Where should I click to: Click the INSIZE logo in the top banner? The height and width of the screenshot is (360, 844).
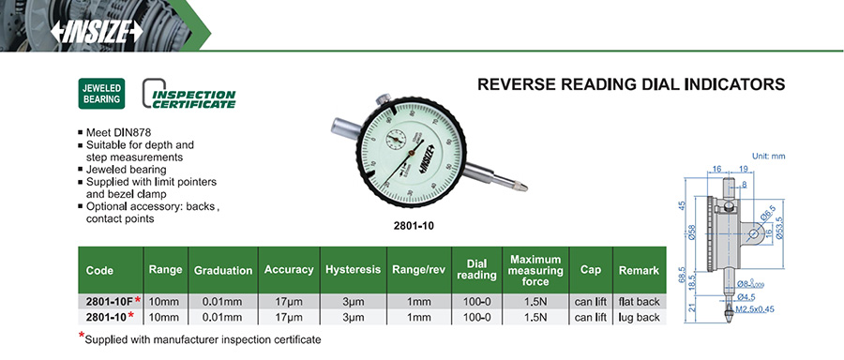[x=97, y=32]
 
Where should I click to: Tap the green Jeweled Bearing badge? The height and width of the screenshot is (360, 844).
[x=101, y=94]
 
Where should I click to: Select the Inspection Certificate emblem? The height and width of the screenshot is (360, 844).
[x=188, y=94]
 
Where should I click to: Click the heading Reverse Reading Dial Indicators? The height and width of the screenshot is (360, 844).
[x=631, y=84]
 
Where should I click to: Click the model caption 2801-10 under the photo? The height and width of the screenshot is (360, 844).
[x=414, y=226]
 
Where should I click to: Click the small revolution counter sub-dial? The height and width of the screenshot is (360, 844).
[x=397, y=141]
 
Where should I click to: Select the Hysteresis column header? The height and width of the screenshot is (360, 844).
[x=354, y=270]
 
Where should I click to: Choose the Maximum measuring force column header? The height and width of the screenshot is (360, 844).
[x=535, y=270]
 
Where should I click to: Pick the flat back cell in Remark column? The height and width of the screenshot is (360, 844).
[x=639, y=301]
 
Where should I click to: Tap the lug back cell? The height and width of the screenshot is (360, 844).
[x=639, y=318]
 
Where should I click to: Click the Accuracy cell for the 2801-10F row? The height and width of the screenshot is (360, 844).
[x=289, y=301]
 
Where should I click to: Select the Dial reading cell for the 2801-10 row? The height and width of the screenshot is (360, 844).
[x=476, y=318]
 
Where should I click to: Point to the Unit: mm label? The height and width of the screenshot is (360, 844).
[x=768, y=156]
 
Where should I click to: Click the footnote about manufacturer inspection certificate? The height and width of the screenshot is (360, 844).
[x=200, y=339]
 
